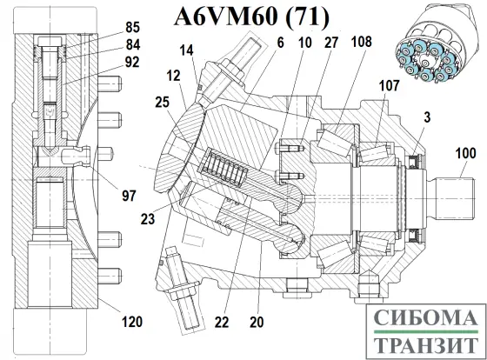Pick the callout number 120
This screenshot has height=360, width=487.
coord(130,323)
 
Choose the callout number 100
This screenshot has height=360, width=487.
coord(465,153)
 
